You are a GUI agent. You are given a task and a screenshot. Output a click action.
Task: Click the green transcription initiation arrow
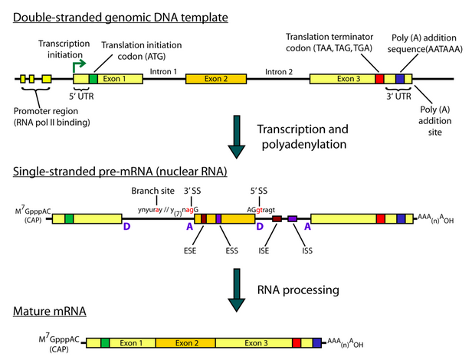click(x=79, y=67)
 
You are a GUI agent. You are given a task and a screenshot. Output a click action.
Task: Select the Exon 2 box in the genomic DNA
click(x=209, y=79)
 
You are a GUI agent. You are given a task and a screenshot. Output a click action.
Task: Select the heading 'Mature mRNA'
click(x=48, y=312)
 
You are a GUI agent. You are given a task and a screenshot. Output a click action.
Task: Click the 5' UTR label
click(x=82, y=97)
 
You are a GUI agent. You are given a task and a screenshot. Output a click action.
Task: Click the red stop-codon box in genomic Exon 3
click(x=379, y=79)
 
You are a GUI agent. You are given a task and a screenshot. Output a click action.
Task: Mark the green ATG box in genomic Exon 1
click(x=93, y=79)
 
